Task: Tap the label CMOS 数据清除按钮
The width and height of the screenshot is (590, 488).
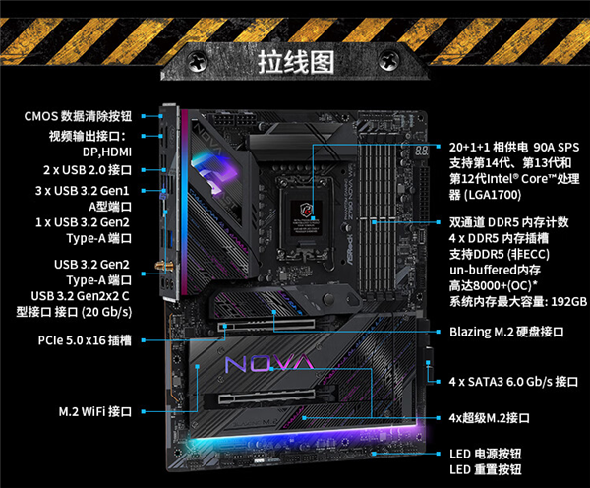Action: click(78, 115)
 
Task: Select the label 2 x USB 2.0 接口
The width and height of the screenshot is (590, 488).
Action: click(89, 170)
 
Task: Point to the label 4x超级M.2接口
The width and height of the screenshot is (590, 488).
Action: click(490, 418)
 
